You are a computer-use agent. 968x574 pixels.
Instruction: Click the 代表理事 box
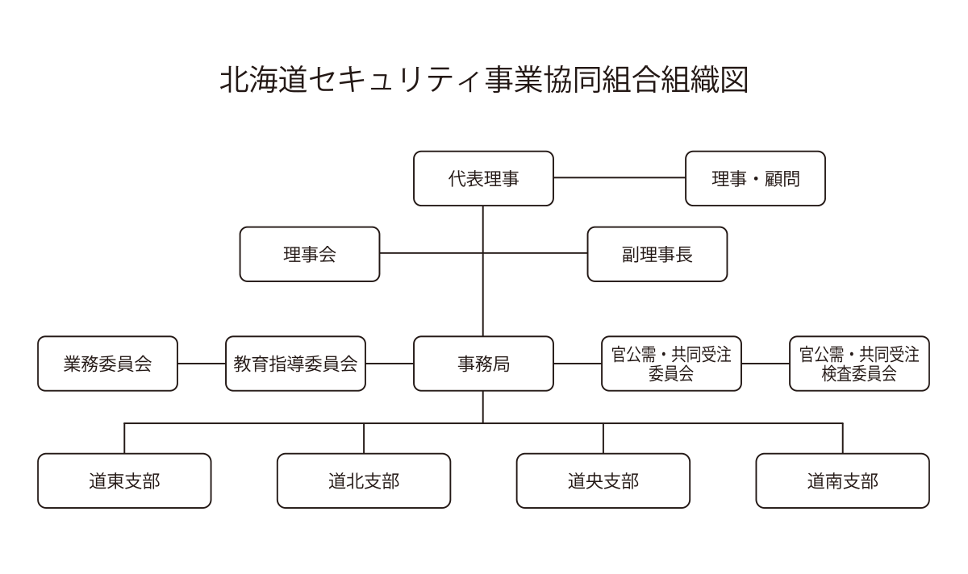(483, 178)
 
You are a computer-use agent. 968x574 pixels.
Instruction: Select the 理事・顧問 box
(755, 178)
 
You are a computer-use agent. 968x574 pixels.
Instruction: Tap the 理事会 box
(310, 254)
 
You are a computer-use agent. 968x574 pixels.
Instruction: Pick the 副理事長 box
(657, 254)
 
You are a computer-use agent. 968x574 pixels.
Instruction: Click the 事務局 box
(483, 364)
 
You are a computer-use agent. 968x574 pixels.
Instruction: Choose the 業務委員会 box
(107, 364)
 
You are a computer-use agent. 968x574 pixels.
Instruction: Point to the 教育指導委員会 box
(295, 364)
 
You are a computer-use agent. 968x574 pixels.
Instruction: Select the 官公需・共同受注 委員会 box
(671, 364)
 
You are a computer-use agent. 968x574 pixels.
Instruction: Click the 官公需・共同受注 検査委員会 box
(859, 364)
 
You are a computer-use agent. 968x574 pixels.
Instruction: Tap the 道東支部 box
(124, 480)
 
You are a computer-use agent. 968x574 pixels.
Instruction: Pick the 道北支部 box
(364, 480)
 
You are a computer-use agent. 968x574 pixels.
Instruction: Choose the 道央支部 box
(603, 480)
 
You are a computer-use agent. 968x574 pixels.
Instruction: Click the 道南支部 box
(842, 480)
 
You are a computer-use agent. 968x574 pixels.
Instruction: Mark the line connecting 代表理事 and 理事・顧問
(620, 177)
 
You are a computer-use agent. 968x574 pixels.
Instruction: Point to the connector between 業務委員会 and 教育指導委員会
(202, 364)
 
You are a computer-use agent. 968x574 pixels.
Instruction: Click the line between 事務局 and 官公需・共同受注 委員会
(578, 364)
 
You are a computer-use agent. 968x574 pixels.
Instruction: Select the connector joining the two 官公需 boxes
(766, 364)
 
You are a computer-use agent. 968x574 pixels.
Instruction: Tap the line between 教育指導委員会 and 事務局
(390, 364)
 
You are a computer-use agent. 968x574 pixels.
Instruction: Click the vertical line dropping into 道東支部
(124, 438)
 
